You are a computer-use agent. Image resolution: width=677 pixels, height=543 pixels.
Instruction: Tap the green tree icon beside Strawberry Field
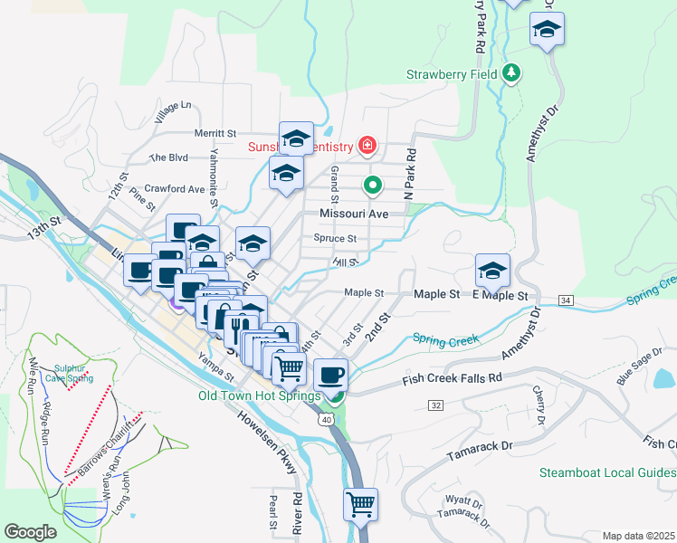coord(511,71)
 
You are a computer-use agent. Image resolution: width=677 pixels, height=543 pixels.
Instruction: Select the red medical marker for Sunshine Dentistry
coord(367,144)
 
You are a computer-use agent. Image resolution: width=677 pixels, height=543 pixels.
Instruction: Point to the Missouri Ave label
coord(354,214)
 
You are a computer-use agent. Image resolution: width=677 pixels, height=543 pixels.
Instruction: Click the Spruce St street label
coord(335,239)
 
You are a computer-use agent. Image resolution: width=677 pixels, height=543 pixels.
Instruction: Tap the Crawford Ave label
coord(175,189)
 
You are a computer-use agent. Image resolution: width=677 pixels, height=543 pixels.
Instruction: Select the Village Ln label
coord(173,112)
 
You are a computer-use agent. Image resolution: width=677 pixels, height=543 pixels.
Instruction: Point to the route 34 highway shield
coord(566,300)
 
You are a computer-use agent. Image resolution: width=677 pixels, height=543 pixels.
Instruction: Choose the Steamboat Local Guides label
coord(607,472)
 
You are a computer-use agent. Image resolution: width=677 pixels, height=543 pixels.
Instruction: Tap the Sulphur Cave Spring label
coord(72,373)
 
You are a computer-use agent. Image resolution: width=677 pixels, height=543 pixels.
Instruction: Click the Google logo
coord(30,532)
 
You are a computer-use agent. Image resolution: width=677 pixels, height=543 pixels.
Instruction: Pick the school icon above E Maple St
coord(492,270)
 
